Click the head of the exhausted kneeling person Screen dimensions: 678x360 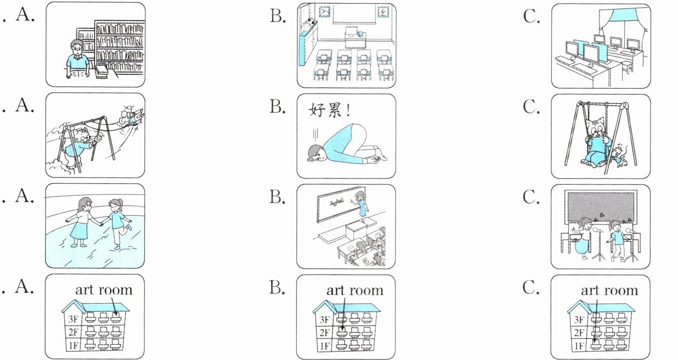pos(314,152)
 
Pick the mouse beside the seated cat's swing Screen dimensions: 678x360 pos(621,156)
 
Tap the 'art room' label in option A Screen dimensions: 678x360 pos(104,290)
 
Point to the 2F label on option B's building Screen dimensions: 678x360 pos(324,333)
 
